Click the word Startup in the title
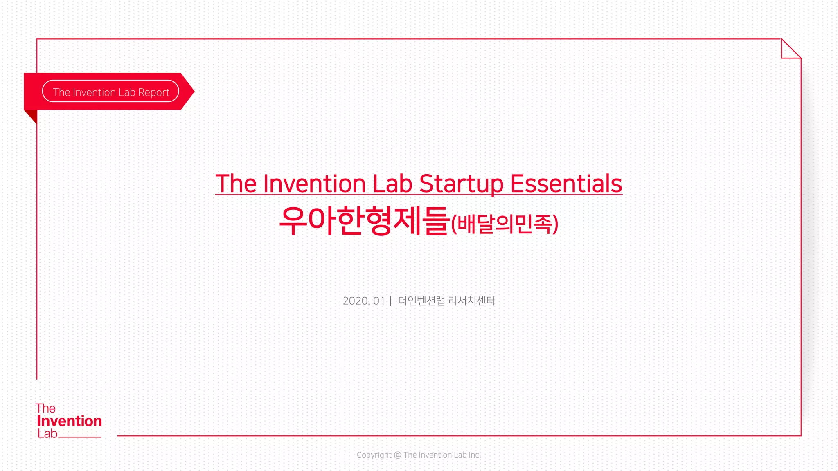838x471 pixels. pyautogui.click(x=461, y=184)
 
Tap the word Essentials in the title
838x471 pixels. pyautogui.click(x=566, y=184)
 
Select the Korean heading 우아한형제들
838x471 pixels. pyautogui.click(x=364, y=221)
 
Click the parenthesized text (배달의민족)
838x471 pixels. pyautogui.click(x=505, y=224)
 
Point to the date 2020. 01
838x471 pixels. pyautogui.click(x=364, y=301)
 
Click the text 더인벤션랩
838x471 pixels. pyautogui.click(x=421, y=301)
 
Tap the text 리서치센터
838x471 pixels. pyautogui.click(x=472, y=301)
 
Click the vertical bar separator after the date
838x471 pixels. pyautogui.click(x=391, y=301)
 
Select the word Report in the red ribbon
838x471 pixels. pyautogui.click(x=153, y=92)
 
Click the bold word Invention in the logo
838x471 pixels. pyautogui.click(x=69, y=421)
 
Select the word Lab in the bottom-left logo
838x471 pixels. pyautogui.click(x=47, y=434)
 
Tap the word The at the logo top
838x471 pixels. pyautogui.click(x=45, y=408)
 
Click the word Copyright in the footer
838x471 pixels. pyautogui.click(x=374, y=455)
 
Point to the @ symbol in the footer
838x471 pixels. pyautogui.click(x=397, y=455)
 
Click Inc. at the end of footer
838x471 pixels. pyautogui.click(x=475, y=455)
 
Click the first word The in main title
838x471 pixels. pyautogui.click(x=236, y=184)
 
